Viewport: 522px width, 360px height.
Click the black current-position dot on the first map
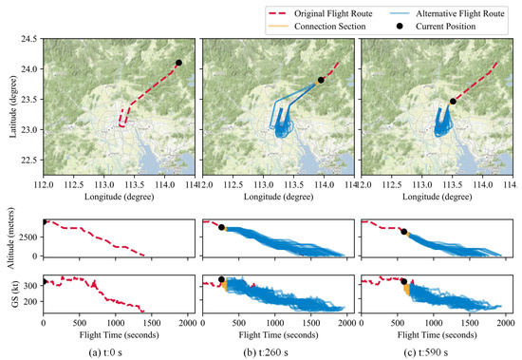click(x=178, y=63)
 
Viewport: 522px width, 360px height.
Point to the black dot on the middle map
click(x=321, y=80)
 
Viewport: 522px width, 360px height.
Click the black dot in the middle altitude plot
click(x=222, y=227)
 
